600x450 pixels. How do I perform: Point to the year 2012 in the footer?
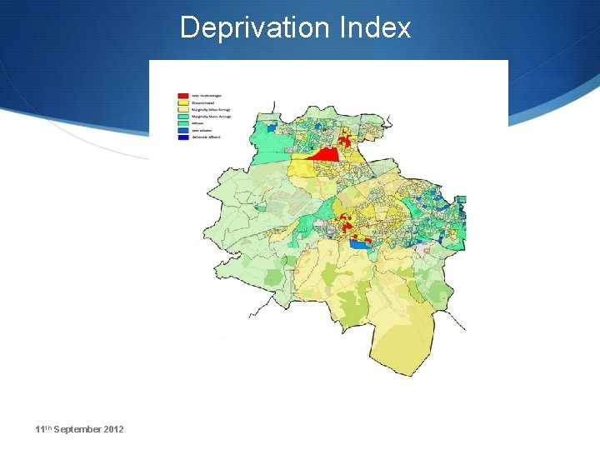point(113,429)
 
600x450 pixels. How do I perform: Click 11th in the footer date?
point(45,429)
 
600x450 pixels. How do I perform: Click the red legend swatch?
point(183,96)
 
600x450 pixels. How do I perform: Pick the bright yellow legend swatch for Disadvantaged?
point(183,102)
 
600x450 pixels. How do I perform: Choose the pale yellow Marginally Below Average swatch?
point(183,109)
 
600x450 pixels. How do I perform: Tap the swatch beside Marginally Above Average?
point(183,116)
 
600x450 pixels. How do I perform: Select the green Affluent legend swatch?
point(183,122)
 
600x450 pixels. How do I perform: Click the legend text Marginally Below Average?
point(212,109)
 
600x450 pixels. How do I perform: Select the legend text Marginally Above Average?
point(212,116)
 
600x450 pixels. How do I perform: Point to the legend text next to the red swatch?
point(207,96)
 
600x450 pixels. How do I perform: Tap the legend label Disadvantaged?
point(205,102)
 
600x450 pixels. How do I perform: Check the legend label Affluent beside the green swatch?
point(198,122)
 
